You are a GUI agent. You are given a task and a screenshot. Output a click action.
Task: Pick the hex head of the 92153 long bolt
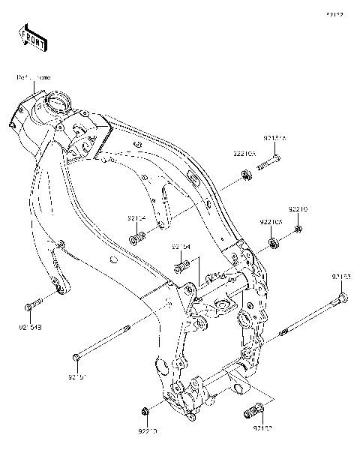pyautogui.click(x=343, y=299)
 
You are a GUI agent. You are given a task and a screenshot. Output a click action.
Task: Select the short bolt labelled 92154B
pyautogui.click(x=31, y=305)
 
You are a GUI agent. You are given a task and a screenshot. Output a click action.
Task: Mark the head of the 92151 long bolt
pyautogui.click(x=75, y=355)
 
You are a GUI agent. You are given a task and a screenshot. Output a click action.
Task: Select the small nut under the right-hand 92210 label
pyautogui.click(x=298, y=229)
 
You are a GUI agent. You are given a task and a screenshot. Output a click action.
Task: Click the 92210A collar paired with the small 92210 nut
pyautogui.click(x=274, y=243)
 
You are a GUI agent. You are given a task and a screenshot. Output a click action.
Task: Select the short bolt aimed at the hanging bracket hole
pyautogui.click(x=137, y=238)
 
